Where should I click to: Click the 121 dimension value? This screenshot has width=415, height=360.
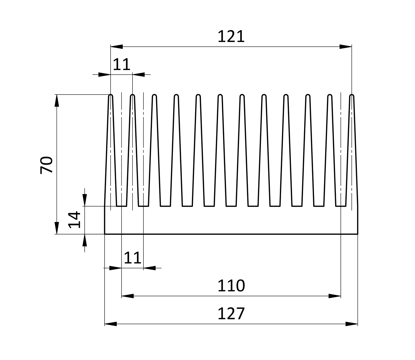click(231, 37)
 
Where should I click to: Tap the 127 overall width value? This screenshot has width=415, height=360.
click(231, 314)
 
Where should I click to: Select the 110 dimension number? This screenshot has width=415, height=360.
click(231, 286)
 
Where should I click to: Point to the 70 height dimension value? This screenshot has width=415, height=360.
click(46, 165)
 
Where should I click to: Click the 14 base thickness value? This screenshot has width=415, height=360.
click(74, 220)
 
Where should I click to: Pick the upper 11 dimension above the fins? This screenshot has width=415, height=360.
click(121, 65)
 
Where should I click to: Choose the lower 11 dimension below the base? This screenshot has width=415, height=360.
click(133, 258)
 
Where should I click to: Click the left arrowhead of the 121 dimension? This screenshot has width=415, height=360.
click(116, 47)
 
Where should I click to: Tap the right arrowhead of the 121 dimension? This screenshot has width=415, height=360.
click(346, 47)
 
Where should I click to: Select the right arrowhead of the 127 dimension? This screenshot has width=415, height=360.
click(352, 324)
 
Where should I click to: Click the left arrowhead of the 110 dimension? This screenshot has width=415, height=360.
click(128, 296)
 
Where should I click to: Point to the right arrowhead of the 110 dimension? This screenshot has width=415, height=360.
click(335, 296)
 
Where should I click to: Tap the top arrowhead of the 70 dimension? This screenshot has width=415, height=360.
click(57, 101)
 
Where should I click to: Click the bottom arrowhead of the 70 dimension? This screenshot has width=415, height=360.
click(57, 228)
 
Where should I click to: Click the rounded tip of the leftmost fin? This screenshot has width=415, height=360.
click(111, 96)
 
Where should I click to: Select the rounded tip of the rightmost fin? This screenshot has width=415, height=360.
click(352, 96)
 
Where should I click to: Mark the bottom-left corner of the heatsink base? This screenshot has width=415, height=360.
click(105, 234)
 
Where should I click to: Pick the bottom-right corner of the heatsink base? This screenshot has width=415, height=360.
click(358, 234)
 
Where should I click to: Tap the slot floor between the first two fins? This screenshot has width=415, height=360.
click(121, 206)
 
